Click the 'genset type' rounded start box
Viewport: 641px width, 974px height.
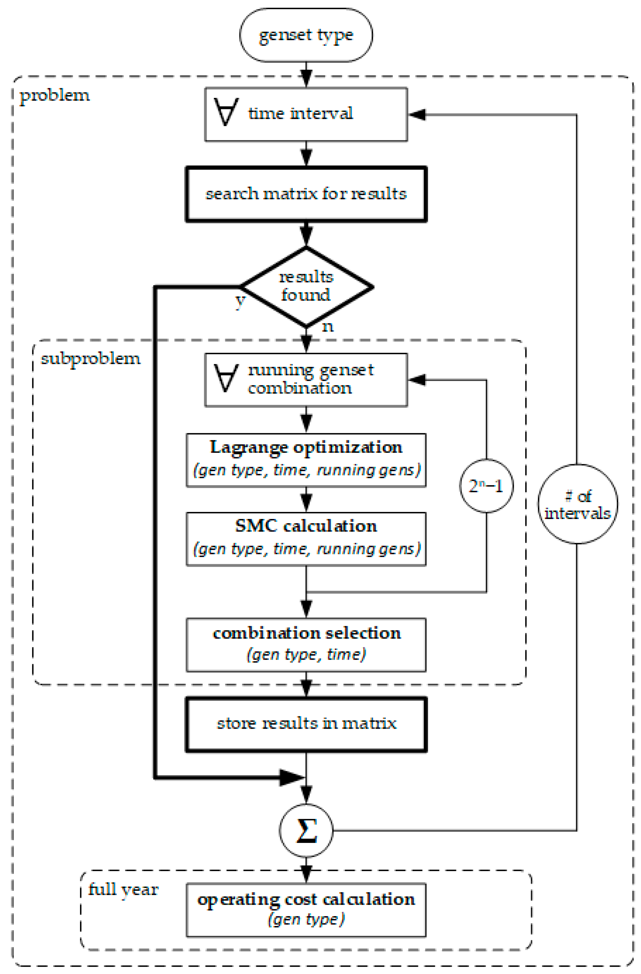click(306, 35)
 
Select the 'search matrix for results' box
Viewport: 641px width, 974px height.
click(306, 194)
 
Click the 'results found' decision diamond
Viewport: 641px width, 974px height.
click(306, 287)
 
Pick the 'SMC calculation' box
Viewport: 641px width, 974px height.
click(306, 539)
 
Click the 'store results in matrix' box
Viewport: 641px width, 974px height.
click(306, 724)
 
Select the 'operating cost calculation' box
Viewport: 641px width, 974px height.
click(306, 909)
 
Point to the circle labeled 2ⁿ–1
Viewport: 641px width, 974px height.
click(486, 486)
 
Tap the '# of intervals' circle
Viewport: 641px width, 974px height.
click(577, 504)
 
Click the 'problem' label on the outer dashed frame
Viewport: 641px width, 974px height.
click(54, 95)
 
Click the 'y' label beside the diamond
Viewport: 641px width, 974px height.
click(240, 301)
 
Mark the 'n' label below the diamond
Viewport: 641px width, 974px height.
click(328, 327)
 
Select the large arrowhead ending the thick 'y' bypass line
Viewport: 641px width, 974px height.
click(292, 777)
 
